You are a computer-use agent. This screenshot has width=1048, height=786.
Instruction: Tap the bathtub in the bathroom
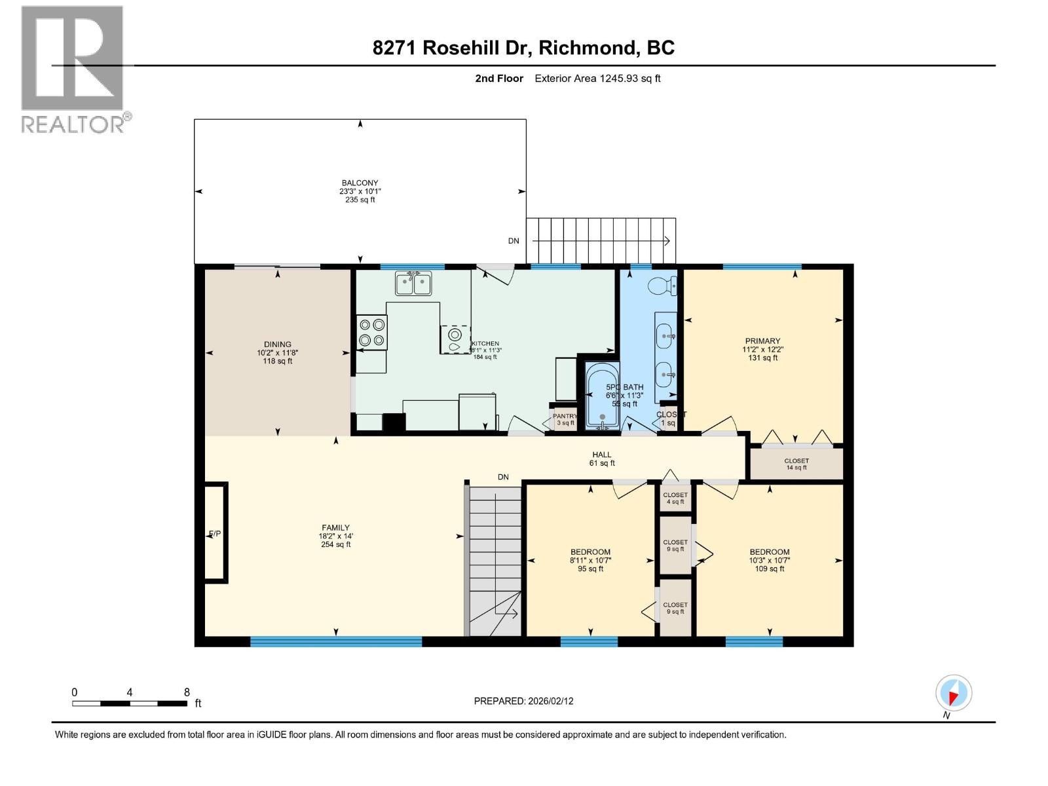[x=602, y=396]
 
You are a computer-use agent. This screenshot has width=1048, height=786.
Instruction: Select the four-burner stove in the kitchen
[x=371, y=332]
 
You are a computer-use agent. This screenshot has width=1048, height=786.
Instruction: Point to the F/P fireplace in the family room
[x=215, y=533]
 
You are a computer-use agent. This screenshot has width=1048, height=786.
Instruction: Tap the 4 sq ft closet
[x=675, y=498]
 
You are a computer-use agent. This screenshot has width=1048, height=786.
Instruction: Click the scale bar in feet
[x=129, y=703]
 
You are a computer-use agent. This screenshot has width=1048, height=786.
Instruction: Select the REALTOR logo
[x=73, y=69]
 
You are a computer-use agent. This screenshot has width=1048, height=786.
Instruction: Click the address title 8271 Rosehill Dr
[x=523, y=48]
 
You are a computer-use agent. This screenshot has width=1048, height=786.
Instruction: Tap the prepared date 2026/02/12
[x=523, y=701]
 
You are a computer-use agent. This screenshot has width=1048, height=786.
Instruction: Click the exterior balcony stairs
[x=601, y=240]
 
